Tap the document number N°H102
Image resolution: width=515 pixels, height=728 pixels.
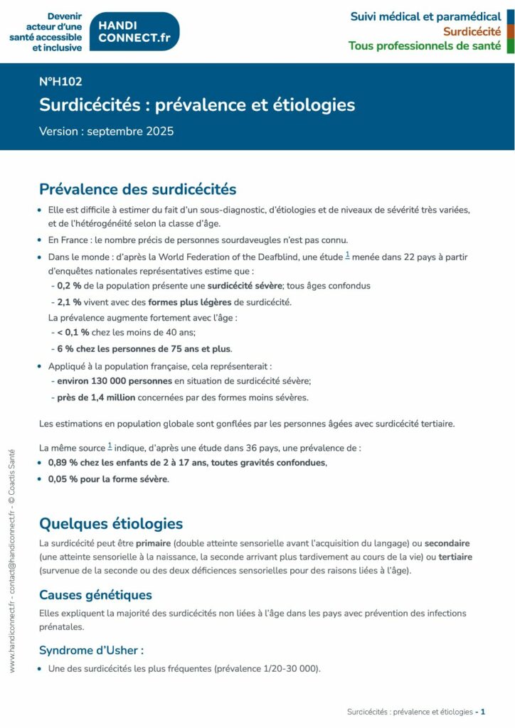click(60, 82)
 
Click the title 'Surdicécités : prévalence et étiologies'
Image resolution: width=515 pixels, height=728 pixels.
click(197, 105)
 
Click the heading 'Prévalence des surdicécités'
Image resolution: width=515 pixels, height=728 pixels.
click(138, 189)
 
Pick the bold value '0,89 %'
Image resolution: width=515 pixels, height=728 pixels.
click(62, 462)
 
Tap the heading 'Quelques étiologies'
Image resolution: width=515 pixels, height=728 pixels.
click(111, 524)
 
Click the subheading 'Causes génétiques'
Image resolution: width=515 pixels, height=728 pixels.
click(95, 594)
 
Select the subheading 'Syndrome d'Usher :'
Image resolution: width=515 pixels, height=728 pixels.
click(92, 650)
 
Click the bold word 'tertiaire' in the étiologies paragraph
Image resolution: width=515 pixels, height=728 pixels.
click(455, 557)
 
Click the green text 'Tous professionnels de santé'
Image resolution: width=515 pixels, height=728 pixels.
click(425, 46)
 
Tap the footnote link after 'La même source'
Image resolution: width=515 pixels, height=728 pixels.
click(110, 446)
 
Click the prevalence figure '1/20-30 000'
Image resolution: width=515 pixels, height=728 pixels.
click(290, 669)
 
